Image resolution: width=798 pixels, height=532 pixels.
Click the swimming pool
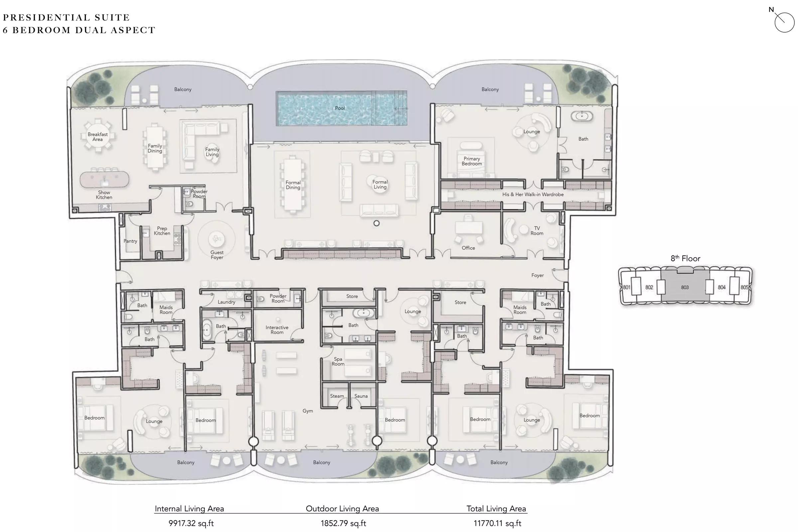point(342,108)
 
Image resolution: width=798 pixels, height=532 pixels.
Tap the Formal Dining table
point(293,185)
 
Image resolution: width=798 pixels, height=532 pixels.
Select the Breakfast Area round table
point(98,136)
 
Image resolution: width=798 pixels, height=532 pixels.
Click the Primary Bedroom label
point(471,161)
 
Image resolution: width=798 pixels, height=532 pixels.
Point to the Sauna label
point(361,396)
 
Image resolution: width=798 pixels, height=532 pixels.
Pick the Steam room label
point(337,396)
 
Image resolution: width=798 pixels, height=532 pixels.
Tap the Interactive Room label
point(277,330)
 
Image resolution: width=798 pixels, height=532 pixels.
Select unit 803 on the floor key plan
point(685,287)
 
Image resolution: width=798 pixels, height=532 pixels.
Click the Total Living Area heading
point(496,509)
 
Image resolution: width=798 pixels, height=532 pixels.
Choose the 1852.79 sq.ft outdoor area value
point(343,523)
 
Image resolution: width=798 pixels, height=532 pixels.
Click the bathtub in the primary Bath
point(582,116)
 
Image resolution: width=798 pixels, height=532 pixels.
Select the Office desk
point(468,227)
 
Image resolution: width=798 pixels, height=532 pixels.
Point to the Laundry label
point(226,302)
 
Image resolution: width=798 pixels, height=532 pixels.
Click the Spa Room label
point(338,361)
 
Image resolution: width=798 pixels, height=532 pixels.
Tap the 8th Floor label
point(685,259)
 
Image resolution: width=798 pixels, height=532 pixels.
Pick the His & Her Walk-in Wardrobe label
point(533,195)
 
